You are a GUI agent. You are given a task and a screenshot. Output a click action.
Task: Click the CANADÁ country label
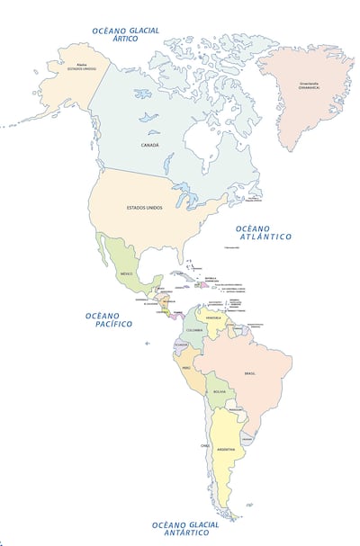150,145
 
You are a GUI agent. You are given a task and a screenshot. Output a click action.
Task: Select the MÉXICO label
127,273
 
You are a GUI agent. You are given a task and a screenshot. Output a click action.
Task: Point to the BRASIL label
250,373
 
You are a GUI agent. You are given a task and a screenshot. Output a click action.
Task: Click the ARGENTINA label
226,449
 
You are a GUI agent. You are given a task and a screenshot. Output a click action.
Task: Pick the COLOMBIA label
194,329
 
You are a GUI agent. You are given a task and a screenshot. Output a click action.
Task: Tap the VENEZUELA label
213,318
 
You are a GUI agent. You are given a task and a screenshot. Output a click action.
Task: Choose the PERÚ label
186,368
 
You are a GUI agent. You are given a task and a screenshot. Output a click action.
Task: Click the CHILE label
205,445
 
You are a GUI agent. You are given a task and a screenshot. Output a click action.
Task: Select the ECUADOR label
180,345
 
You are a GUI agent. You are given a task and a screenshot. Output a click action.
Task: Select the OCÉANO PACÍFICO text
109,319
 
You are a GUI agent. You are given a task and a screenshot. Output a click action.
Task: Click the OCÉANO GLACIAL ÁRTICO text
126,34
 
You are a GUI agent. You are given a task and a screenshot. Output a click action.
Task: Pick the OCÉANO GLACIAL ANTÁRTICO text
185,529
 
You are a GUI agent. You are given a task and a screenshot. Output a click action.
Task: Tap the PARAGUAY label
236,410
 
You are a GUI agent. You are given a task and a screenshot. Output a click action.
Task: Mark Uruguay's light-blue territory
245,438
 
